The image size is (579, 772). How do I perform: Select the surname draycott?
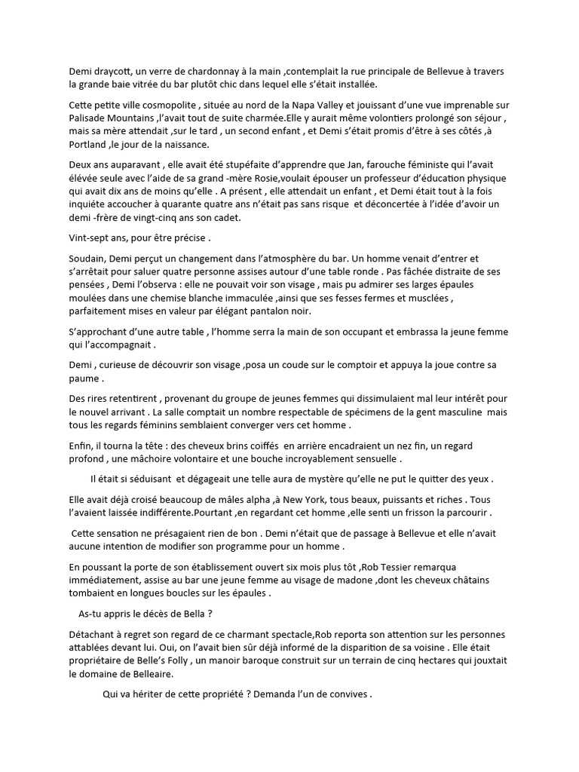click(x=117, y=71)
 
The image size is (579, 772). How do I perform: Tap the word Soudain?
click(x=88, y=258)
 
